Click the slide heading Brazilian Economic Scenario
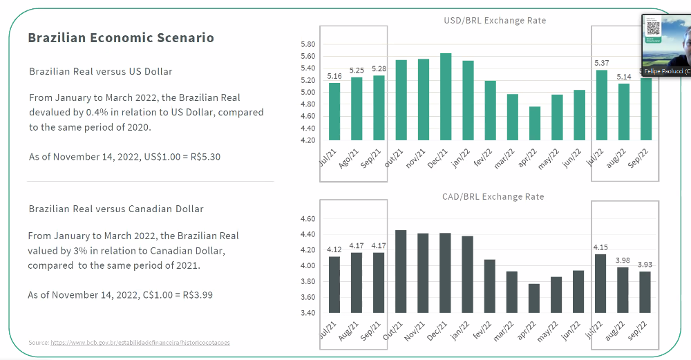tap(121, 38)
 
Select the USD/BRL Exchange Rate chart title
tap(495, 21)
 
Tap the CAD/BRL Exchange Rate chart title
tap(493, 197)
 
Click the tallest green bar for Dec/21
tap(446, 97)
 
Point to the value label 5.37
tap(601, 64)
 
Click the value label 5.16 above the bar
tap(334, 76)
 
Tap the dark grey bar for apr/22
tap(535, 298)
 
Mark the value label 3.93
tap(645, 265)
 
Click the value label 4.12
tap(334, 249)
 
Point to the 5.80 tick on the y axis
tap(308, 44)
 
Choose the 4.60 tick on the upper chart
tap(308, 116)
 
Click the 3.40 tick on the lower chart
tap(308, 313)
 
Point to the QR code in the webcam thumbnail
tap(653, 28)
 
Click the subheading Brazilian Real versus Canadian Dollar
tap(116, 209)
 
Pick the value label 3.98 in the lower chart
tap(623, 260)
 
